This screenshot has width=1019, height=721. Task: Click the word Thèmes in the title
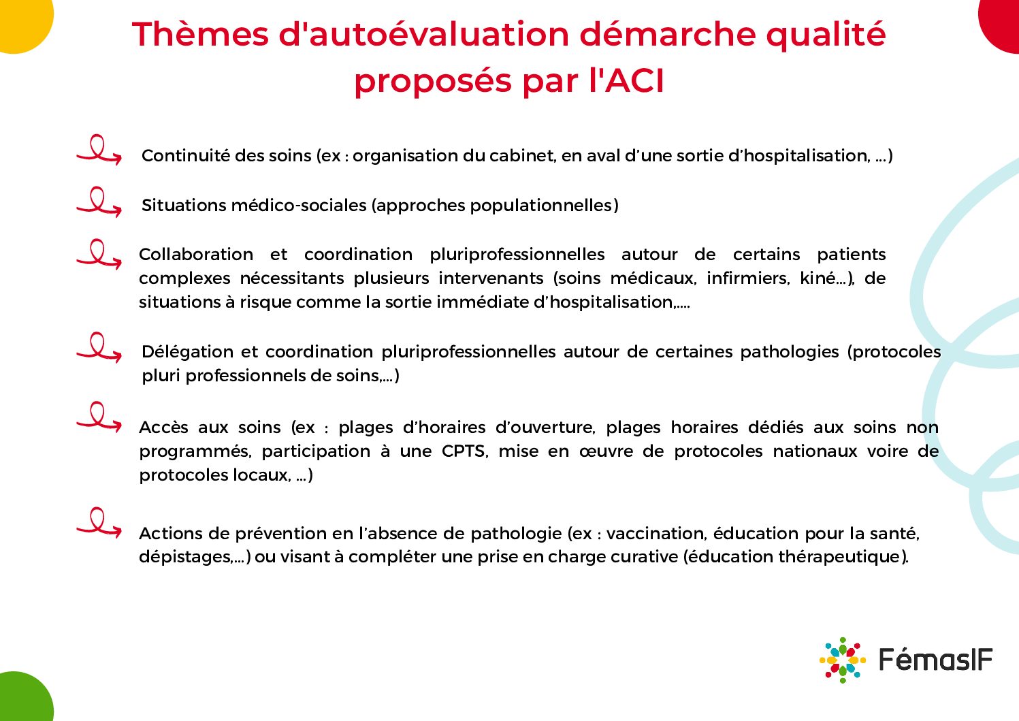coord(201,34)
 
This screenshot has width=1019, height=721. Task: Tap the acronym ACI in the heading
coord(634,81)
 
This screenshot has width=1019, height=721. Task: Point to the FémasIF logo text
coord(936,660)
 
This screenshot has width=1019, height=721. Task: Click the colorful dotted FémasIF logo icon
coord(843,660)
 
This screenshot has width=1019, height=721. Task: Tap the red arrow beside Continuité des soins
coord(99,150)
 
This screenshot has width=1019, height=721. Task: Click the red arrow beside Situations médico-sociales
coord(99,202)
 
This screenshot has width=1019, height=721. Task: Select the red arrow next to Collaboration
coord(99,254)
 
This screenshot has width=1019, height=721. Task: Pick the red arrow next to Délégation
coord(99,347)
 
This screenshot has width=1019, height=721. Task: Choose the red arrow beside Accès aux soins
coord(99,417)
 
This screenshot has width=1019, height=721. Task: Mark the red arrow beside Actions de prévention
coord(99,523)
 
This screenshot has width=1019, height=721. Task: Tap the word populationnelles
coord(541,206)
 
